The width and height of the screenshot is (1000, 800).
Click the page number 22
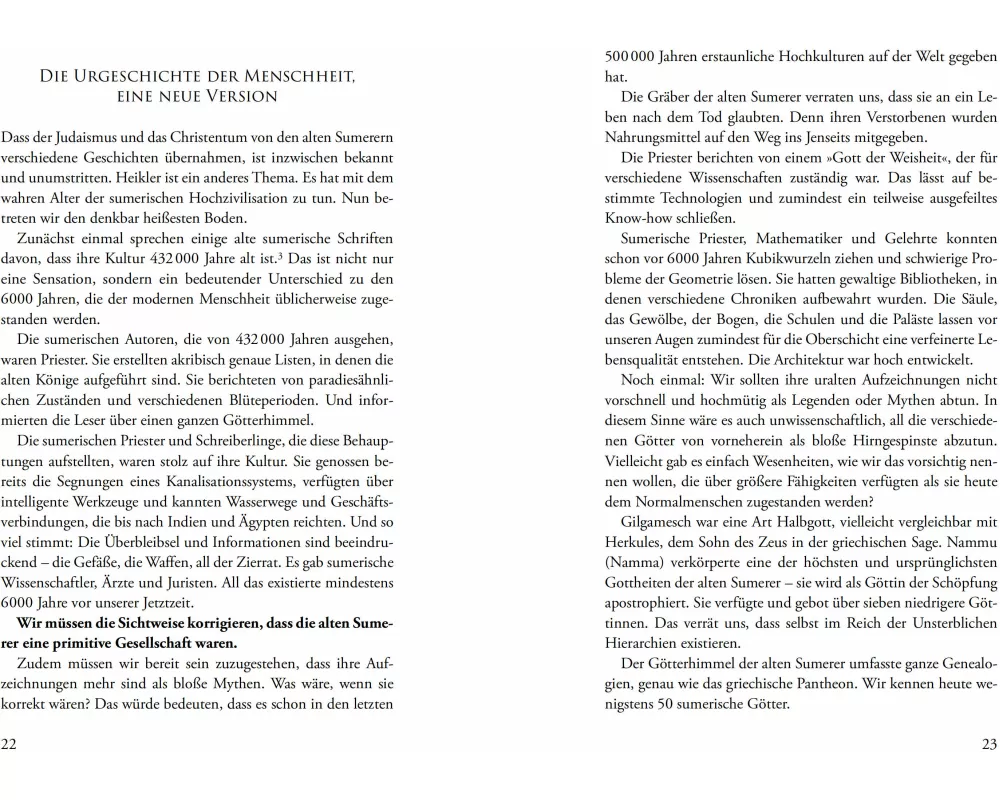(x=9, y=743)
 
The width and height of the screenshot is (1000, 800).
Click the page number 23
(x=989, y=743)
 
